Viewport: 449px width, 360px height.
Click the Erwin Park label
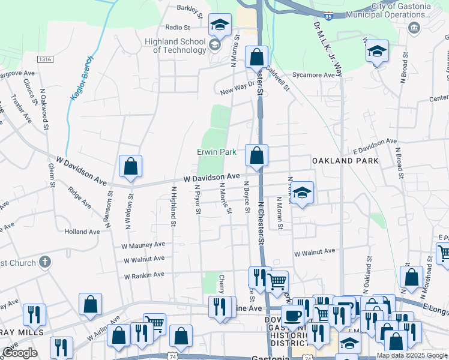tap(217, 152)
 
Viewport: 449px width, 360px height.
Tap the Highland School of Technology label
tap(175, 46)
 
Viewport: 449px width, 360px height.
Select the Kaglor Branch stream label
tap(82, 79)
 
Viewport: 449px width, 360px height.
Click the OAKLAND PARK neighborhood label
tap(345, 161)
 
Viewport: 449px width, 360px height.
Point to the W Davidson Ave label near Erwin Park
tap(211, 178)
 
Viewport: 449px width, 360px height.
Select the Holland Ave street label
tap(82, 232)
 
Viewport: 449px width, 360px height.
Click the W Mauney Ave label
tap(143, 245)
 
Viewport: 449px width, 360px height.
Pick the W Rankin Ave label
tap(143, 275)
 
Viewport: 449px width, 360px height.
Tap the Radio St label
tap(178, 28)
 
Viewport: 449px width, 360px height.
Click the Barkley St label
tap(192, 8)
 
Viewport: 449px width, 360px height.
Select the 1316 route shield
tap(44, 59)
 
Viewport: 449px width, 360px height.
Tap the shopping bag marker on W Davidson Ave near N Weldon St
tap(130, 167)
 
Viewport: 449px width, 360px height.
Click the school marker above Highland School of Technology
tap(220, 25)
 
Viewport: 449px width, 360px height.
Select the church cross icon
tap(44, 262)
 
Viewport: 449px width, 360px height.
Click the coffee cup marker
tap(293, 316)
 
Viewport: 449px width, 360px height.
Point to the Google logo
tap(20, 353)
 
